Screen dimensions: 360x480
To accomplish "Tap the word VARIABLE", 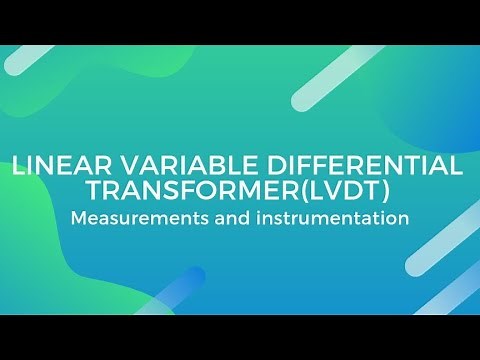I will (x=151, y=166).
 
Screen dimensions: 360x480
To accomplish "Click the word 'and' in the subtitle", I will (x=225, y=218).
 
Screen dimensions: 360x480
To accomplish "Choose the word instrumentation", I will (x=326, y=218).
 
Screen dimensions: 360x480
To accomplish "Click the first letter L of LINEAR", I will (x=17, y=166).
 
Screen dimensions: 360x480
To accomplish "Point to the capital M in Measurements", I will (x=77, y=218).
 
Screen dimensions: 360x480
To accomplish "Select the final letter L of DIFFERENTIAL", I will (x=460, y=166).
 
